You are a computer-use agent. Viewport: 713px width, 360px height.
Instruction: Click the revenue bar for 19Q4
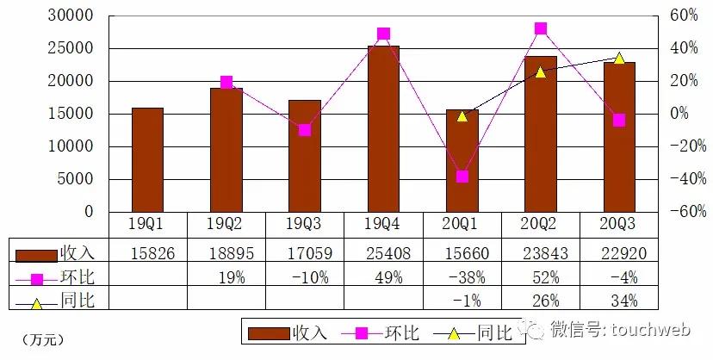pyautogui.click(x=383, y=129)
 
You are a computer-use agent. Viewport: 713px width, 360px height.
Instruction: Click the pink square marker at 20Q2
pyautogui.click(x=541, y=28)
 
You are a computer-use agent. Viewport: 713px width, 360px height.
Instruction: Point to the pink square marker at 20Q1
pyautogui.click(x=462, y=177)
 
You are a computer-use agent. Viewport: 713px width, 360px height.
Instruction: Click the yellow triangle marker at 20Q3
pyautogui.click(x=618, y=58)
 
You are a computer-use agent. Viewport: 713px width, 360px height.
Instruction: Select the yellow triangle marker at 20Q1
pyautogui.click(x=462, y=115)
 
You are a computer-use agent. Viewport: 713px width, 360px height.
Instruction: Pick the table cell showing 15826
pyautogui.click(x=147, y=254)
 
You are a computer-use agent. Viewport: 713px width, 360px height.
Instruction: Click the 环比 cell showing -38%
pyautogui.click(x=462, y=278)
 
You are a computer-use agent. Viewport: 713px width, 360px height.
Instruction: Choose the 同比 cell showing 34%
pyautogui.click(x=619, y=301)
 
